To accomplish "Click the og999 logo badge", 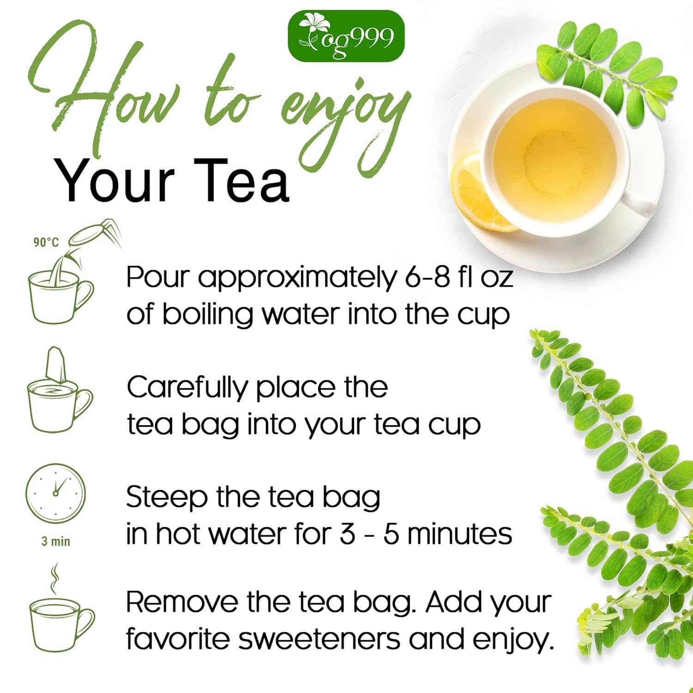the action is tap(346, 36).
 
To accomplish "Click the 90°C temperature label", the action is tap(46, 242).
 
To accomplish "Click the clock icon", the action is tap(55, 493).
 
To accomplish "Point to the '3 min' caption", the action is tap(56, 541).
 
